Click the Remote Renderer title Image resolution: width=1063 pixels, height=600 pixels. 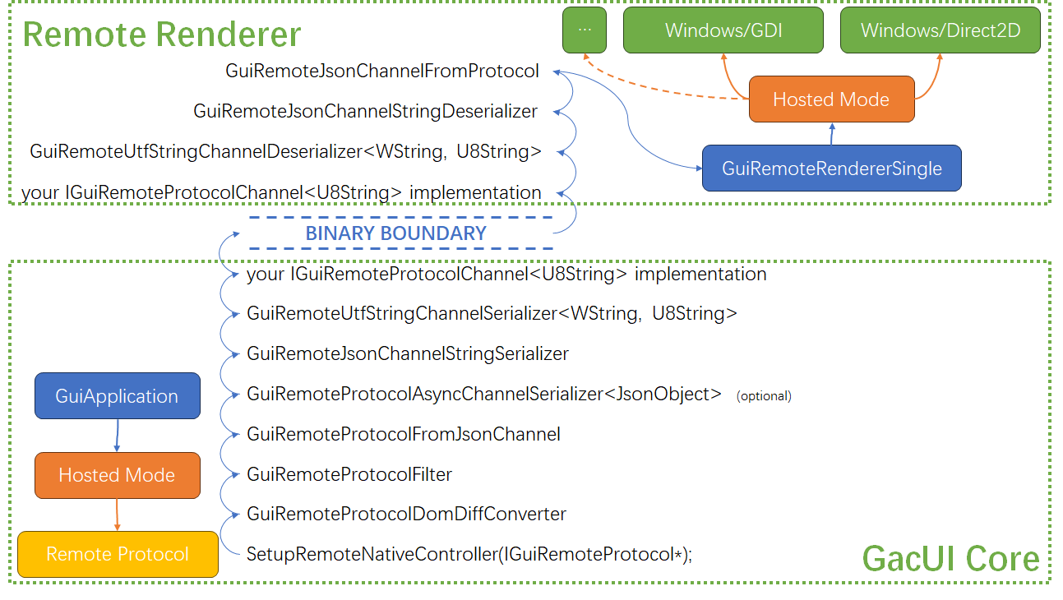coord(162,35)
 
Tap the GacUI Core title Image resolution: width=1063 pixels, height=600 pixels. coord(950,559)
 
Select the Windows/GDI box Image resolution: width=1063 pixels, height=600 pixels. coord(723,30)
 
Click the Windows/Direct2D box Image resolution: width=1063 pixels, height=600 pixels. coord(940,30)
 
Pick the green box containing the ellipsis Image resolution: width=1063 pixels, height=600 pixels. coord(585,30)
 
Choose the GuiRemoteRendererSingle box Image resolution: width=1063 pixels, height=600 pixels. coord(831,168)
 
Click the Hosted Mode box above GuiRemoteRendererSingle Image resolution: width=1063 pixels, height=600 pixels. coord(831,99)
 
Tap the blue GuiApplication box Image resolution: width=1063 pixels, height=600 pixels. coord(117,395)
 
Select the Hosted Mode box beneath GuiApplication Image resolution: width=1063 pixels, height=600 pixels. coord(117,475)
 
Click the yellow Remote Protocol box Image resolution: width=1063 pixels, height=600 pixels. coord(118,554)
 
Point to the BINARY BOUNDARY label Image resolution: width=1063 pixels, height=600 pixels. coord(396,233)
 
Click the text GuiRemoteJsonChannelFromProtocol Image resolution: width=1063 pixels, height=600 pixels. coord(382,72)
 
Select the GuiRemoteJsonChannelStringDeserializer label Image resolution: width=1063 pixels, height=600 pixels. coord(366,111)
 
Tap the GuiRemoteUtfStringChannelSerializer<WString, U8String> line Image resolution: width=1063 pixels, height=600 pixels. coord(492,313)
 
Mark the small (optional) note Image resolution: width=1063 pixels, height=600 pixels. coord(764,396)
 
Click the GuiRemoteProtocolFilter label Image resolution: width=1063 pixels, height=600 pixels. coord(349,474)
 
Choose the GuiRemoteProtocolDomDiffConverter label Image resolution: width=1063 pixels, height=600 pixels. coord(406,514)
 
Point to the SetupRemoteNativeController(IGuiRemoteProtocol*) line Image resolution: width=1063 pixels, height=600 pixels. coord(469,554)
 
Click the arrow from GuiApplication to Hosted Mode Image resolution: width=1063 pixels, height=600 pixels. coord(117,435)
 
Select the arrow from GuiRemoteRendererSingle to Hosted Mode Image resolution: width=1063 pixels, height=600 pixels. coord(832,134)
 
